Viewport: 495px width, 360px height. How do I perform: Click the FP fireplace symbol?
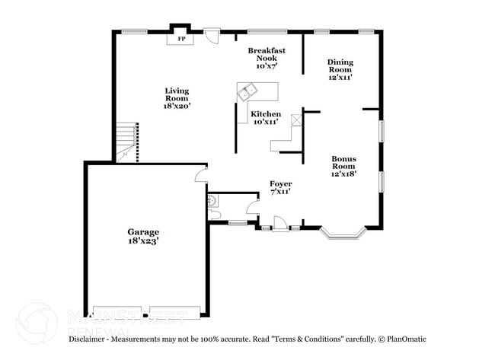(181, 38)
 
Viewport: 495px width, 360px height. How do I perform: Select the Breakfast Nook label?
(267, 54)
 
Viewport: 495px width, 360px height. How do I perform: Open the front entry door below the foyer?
(279, 226)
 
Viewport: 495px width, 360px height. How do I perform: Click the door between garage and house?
(200, 175)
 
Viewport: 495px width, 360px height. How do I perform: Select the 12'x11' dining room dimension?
(340, 77)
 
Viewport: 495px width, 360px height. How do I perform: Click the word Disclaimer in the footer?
(91, 339)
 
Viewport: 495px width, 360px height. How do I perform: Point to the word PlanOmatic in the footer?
(404, 339)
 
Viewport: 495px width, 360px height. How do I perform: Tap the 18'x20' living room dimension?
(177, 107)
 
